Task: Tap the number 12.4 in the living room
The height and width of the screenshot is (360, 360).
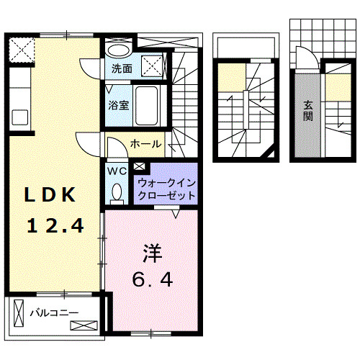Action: pos(55,226)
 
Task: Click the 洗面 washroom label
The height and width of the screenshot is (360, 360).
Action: pos(121,70)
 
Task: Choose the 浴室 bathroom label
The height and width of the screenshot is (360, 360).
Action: pos(119,105)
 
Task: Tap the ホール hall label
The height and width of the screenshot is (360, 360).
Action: pos(145,145)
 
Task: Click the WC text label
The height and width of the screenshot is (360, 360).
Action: pos(117,171)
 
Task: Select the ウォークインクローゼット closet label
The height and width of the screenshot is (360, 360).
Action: pos(166,189)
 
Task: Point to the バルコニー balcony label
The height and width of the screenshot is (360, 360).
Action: pos(54,313)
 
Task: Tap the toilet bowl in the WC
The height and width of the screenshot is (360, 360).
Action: pos(117,192)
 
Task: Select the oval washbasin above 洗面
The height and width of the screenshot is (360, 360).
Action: pos(117,50)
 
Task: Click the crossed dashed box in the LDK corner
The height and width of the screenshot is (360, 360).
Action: pos(22,50)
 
